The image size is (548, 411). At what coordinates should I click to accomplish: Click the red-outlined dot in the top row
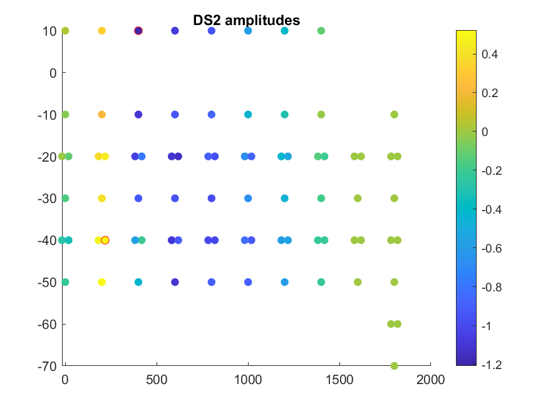138,31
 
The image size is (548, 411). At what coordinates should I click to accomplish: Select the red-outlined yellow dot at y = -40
105,240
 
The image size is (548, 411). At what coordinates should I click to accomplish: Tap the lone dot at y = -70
395,366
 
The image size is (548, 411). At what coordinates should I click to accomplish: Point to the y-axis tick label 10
50,31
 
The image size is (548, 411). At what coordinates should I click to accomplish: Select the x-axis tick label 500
157,380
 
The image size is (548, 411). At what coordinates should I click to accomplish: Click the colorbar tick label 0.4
490,54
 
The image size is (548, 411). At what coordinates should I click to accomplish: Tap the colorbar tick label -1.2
492,364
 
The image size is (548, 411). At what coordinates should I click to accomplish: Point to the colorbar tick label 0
485,132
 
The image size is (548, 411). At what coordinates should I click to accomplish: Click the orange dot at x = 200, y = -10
101,115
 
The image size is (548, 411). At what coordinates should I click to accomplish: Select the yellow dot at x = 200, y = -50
101,282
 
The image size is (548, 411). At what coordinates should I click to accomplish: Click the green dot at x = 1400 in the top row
321,31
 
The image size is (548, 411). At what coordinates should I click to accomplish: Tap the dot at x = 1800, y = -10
395,115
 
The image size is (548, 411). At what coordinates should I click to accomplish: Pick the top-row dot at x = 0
65,31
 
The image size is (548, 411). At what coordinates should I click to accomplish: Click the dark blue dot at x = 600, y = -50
175,282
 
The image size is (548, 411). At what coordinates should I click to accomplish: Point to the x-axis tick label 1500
339,380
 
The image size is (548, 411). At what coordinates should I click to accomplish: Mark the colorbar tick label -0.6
492,248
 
